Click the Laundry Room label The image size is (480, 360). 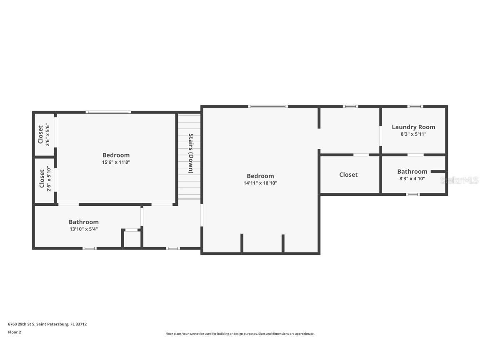point(413,127)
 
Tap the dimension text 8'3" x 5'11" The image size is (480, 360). point(413,134)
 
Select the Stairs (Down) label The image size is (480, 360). point(191,153)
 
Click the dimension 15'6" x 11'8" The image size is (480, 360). point(116,162)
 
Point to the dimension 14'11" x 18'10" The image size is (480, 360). point(260,183)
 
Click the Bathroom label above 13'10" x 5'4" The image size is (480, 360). point(84,222)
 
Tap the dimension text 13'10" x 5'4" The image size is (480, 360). point(84,229)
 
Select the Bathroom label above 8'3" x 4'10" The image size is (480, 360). point(412,171)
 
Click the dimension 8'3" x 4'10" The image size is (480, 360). point(412,178)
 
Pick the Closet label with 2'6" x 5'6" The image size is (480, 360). point(40,134)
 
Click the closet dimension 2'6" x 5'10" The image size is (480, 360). point(49,179)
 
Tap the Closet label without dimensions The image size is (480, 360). point(348,175)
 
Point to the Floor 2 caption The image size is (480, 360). point(15,332)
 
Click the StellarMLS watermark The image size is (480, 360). point(459,180)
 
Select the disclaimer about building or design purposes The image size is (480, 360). point(240,334)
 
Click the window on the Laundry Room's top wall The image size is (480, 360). point(415,106)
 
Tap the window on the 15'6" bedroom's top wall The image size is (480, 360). point(108,112)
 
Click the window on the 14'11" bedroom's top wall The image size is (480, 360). point(267,106)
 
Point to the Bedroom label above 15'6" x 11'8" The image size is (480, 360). point(116,155)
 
